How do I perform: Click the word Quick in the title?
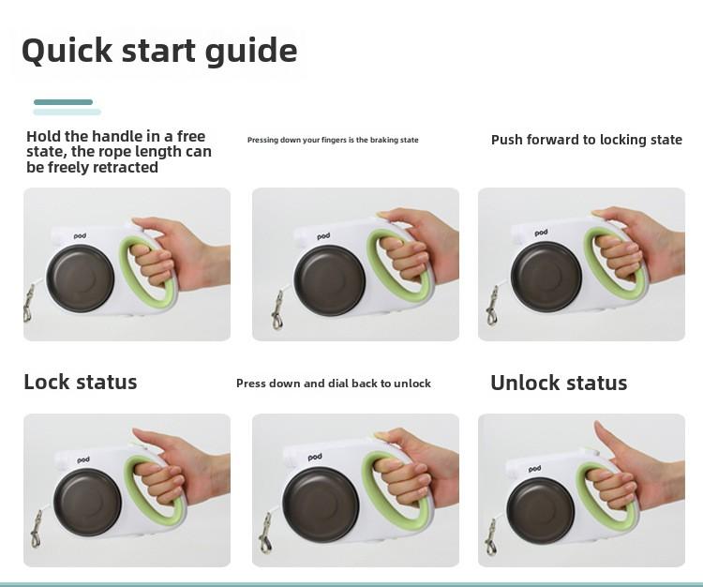[67, 51]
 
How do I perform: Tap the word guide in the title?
[251, 52]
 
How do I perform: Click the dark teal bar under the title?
[63, 102]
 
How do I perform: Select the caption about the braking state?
[333, 140]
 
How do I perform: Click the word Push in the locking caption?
[506, 140]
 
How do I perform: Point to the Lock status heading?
[81, 382]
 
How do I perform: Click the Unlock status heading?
[559, 383]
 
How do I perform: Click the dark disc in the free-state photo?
[81, 278]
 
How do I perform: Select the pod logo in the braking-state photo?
[323, 236]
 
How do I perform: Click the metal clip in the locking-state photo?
[492, 307]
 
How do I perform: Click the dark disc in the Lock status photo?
[87, 503]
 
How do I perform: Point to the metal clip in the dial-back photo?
[265, 533]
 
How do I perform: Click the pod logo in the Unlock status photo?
[534, 469]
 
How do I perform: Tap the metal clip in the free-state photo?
[28, 304]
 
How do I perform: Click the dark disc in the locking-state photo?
[546, 278]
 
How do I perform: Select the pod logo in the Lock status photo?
[82, 460]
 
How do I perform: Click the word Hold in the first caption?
[43, 136]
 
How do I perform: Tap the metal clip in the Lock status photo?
[36, 529]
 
